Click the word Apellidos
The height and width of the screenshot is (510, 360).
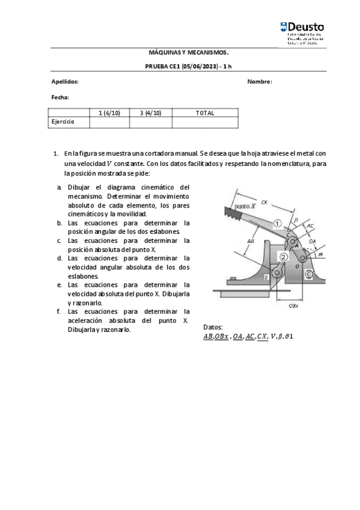click(65, 82)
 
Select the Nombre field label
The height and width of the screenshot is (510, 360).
click(260, 82)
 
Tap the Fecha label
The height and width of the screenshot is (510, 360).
click(60, 97)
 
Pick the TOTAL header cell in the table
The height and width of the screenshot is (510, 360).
click(205, 113)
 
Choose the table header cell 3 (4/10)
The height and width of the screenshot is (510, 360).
click(150, 113)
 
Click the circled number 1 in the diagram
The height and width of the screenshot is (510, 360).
click(277, 224)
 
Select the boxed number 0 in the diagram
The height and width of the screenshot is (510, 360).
click(308, 275)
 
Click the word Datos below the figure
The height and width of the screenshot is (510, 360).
click(213, 327)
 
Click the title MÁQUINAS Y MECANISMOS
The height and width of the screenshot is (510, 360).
click(188, 52)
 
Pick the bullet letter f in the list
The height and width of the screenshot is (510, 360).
click(59, 312)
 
